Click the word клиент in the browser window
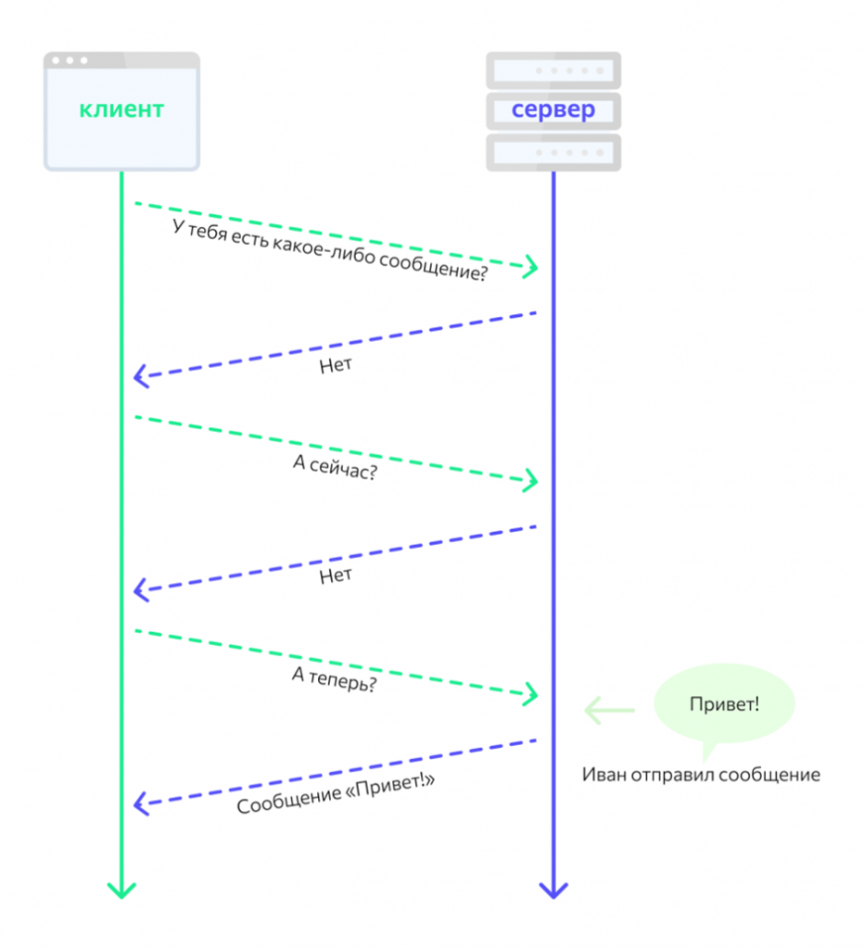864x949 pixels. (x=121, y=109)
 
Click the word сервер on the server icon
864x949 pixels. (x=553, y=110)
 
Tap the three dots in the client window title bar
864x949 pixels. (x=70, y=60)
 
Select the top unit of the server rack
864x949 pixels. (x=553, y=70)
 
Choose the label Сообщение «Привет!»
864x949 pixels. (x=336, y=794)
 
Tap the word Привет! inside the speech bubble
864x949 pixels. (x=724, y=704)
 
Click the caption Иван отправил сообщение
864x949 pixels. (x=701, y=775)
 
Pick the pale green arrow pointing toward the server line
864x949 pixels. (x=608, y=711)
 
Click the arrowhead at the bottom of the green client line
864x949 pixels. (x=121, y=891)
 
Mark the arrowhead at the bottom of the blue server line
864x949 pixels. (x=553, y=891)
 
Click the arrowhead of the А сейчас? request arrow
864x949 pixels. (x=531, y=480)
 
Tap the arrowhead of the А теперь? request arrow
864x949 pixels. (x=531, y=693)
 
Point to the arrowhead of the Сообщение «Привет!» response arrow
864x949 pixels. (x=141, y=803)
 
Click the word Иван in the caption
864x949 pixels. (x=604, y=775)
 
